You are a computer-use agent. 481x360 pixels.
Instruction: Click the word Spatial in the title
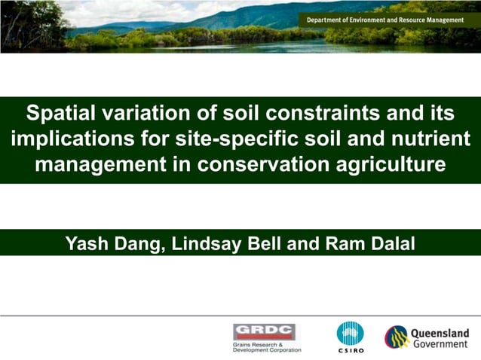[x=61, y=114]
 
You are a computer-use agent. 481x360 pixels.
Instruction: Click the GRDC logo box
[x=264, y=331]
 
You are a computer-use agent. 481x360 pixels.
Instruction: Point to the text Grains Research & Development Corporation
[x=267, y=347]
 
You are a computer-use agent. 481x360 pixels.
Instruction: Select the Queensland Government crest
[x=397, y=337]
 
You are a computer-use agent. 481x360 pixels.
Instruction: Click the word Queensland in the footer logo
[x=440, y=333]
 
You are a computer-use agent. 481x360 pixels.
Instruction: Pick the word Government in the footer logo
[x=440, y=344]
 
